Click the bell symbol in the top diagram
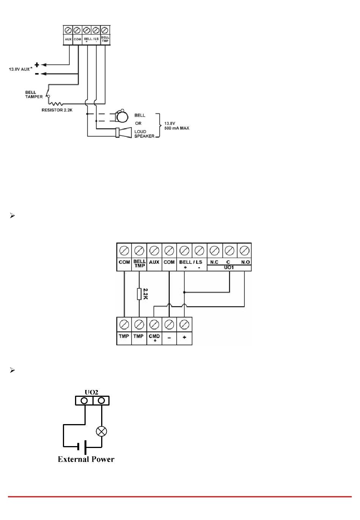click(x=122, y=116)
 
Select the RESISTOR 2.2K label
click(x=57, y=110)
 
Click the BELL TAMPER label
click(x=34, y=94)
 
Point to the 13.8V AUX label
click(x=19, y=69)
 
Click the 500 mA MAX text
click(x=177, y=128)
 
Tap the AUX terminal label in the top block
click(x=68, y=39)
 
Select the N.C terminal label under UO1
click(x=214, y=262)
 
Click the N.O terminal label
click(x=245, y=262)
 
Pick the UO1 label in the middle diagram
click(x=229, y=268)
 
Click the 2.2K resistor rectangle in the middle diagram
click(x=139, y=294)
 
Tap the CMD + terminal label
click(x=154, y=338)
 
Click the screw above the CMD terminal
click(x=154, y=324)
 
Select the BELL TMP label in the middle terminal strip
click(x=139, y=263)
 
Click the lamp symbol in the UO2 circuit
click(x=102, y=431)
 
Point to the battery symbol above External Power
click(x=82, y=447)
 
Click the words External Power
click(x=86, y=459)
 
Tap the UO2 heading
click(x=91, y=393)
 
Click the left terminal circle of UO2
click(x=84, y=401)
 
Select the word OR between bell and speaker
click(x=138, y=124)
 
